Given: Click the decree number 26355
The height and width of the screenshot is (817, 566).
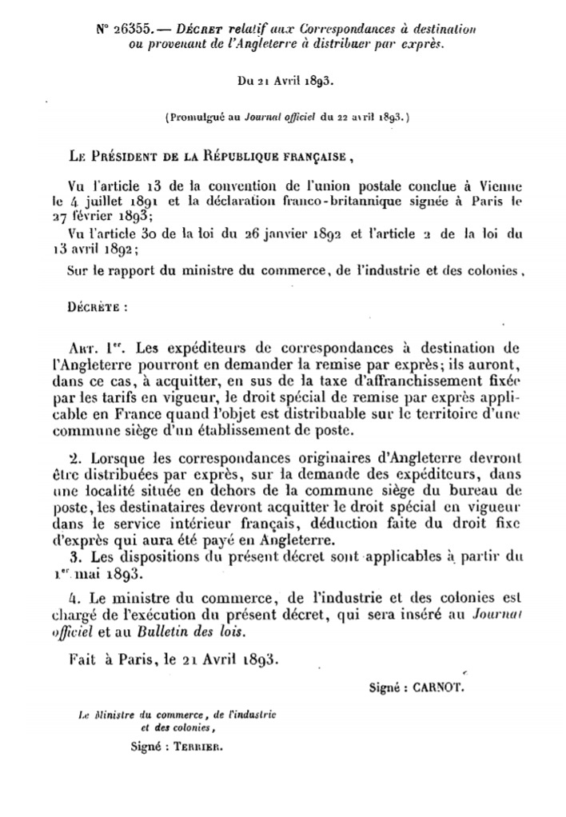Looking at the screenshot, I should (x=129, y=28).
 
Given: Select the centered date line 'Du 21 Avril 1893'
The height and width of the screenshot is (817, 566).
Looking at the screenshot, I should (x=282, y=80).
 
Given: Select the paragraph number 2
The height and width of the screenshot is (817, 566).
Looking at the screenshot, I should (x=76, y=461).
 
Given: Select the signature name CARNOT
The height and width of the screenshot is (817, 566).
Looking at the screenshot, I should (x=440, y=687).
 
